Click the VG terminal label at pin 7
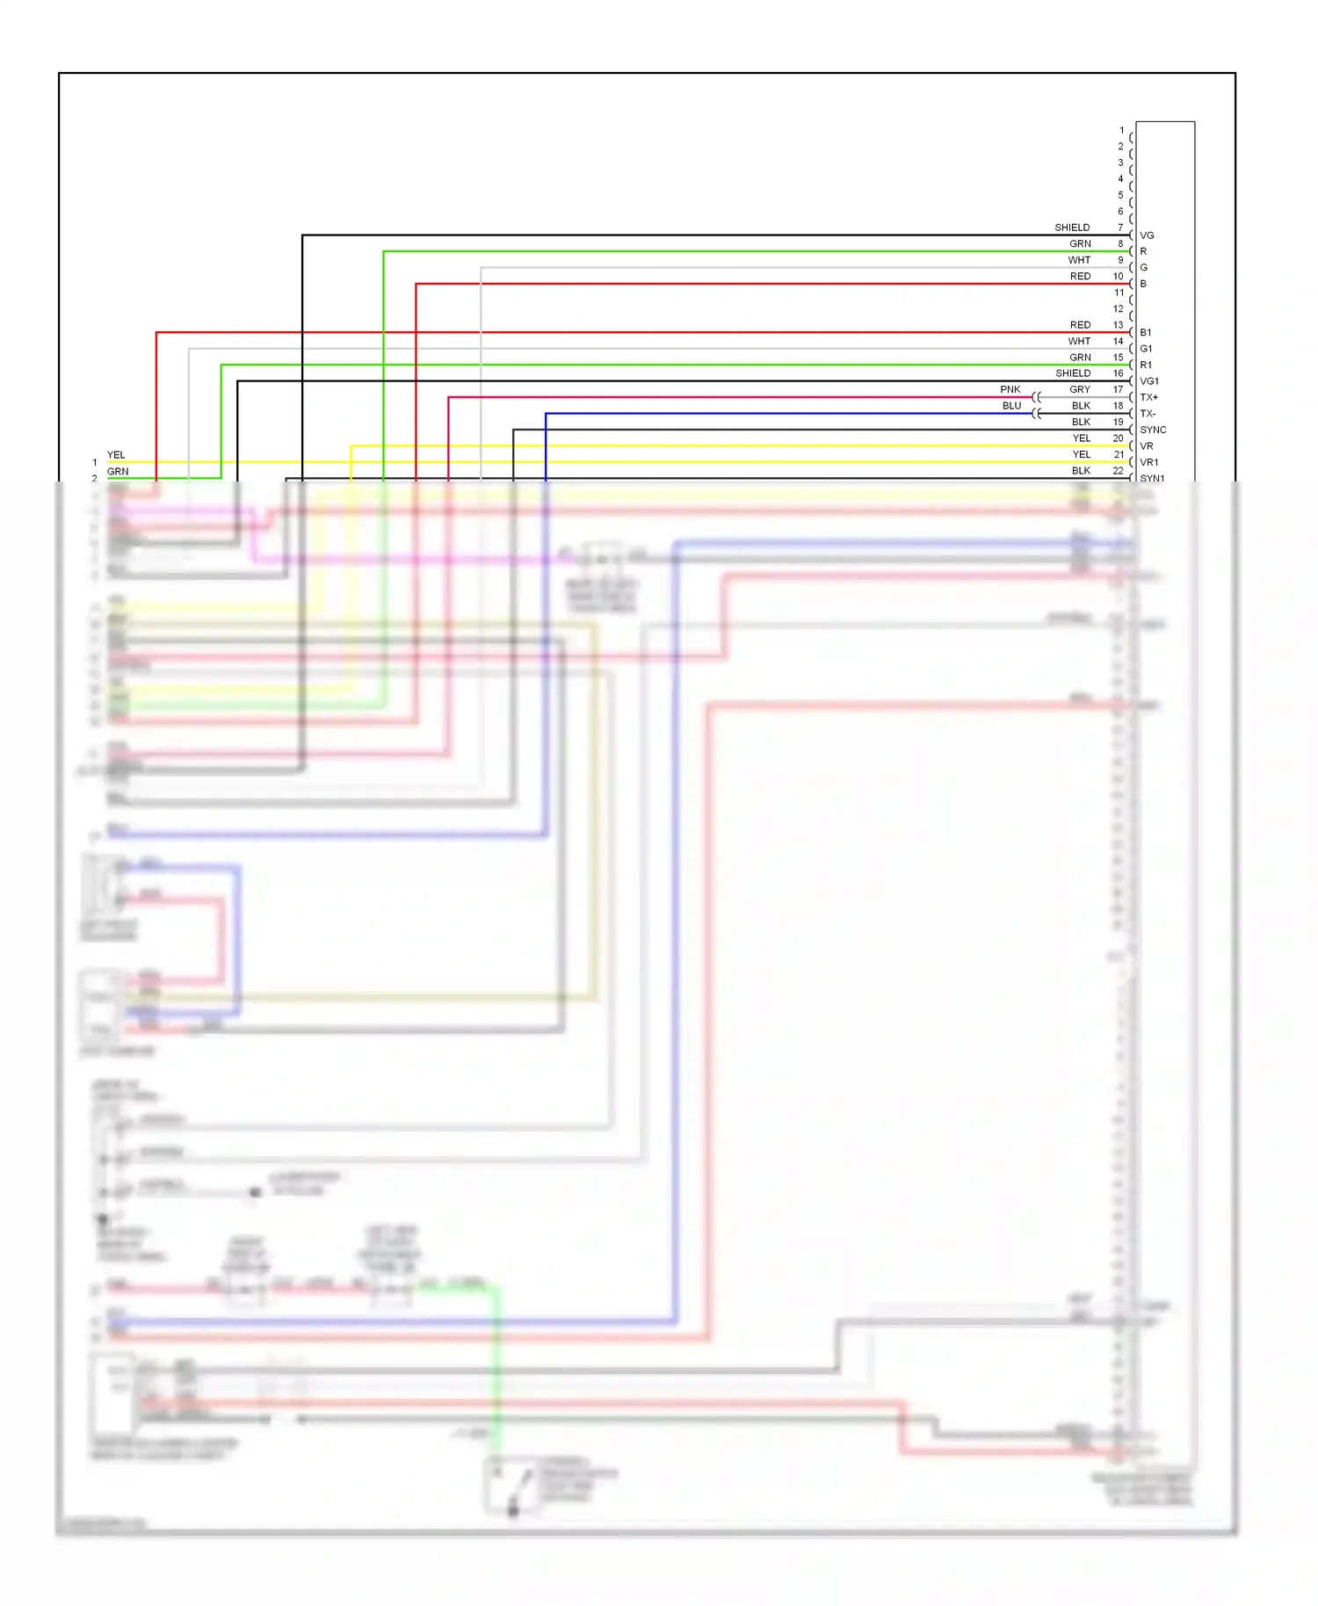point(1147,235)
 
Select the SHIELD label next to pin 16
point(1073,373)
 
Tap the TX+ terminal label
point(1148,397)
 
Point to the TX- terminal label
point(1148,414)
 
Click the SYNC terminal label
point(1153,430)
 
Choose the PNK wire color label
point(1010,389)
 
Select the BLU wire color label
point(1012,406)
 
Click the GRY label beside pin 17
point(1080,389)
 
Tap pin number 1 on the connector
point(1121,130)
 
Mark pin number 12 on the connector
point(1119,308)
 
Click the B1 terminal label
point(1146,332)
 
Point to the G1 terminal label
point(1146,349)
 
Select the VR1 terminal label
point(1149,462)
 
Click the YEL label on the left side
point(116,455)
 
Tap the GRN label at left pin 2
point(118,472)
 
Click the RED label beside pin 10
point(1080,276)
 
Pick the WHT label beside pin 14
point(1079,341)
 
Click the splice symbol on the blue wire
point(1037,414)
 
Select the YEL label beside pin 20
point(1081,438)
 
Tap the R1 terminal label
point(1146,365)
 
